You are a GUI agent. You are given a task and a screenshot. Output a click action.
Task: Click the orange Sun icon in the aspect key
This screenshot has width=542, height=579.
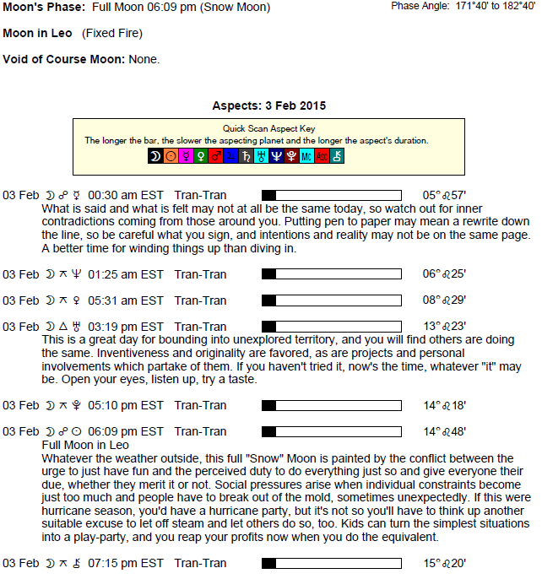(170, 156)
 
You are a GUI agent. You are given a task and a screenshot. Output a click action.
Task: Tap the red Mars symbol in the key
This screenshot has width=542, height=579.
(215, 156)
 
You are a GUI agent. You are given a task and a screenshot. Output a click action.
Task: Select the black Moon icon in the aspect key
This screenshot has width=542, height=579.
(154, 156)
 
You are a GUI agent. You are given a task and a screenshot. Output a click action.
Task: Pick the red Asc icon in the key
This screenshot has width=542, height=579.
(322, 156)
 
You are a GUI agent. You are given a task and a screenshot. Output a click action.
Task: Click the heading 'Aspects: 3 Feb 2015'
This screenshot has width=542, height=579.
(270, 106)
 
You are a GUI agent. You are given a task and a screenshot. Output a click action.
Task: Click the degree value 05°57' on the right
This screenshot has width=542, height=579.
(444, 195)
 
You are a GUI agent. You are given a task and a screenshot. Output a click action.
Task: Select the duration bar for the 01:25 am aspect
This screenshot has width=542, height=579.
(332, 274)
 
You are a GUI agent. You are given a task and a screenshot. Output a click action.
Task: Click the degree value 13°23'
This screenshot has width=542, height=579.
(444, 327)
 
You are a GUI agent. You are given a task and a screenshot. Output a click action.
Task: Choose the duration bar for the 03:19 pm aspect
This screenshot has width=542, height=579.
(332, 327)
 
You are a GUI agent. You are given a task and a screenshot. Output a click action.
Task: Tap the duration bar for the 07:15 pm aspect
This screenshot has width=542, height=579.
(332, 564)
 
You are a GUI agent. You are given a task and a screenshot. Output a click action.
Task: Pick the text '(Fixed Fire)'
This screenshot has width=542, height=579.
(112, 34)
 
